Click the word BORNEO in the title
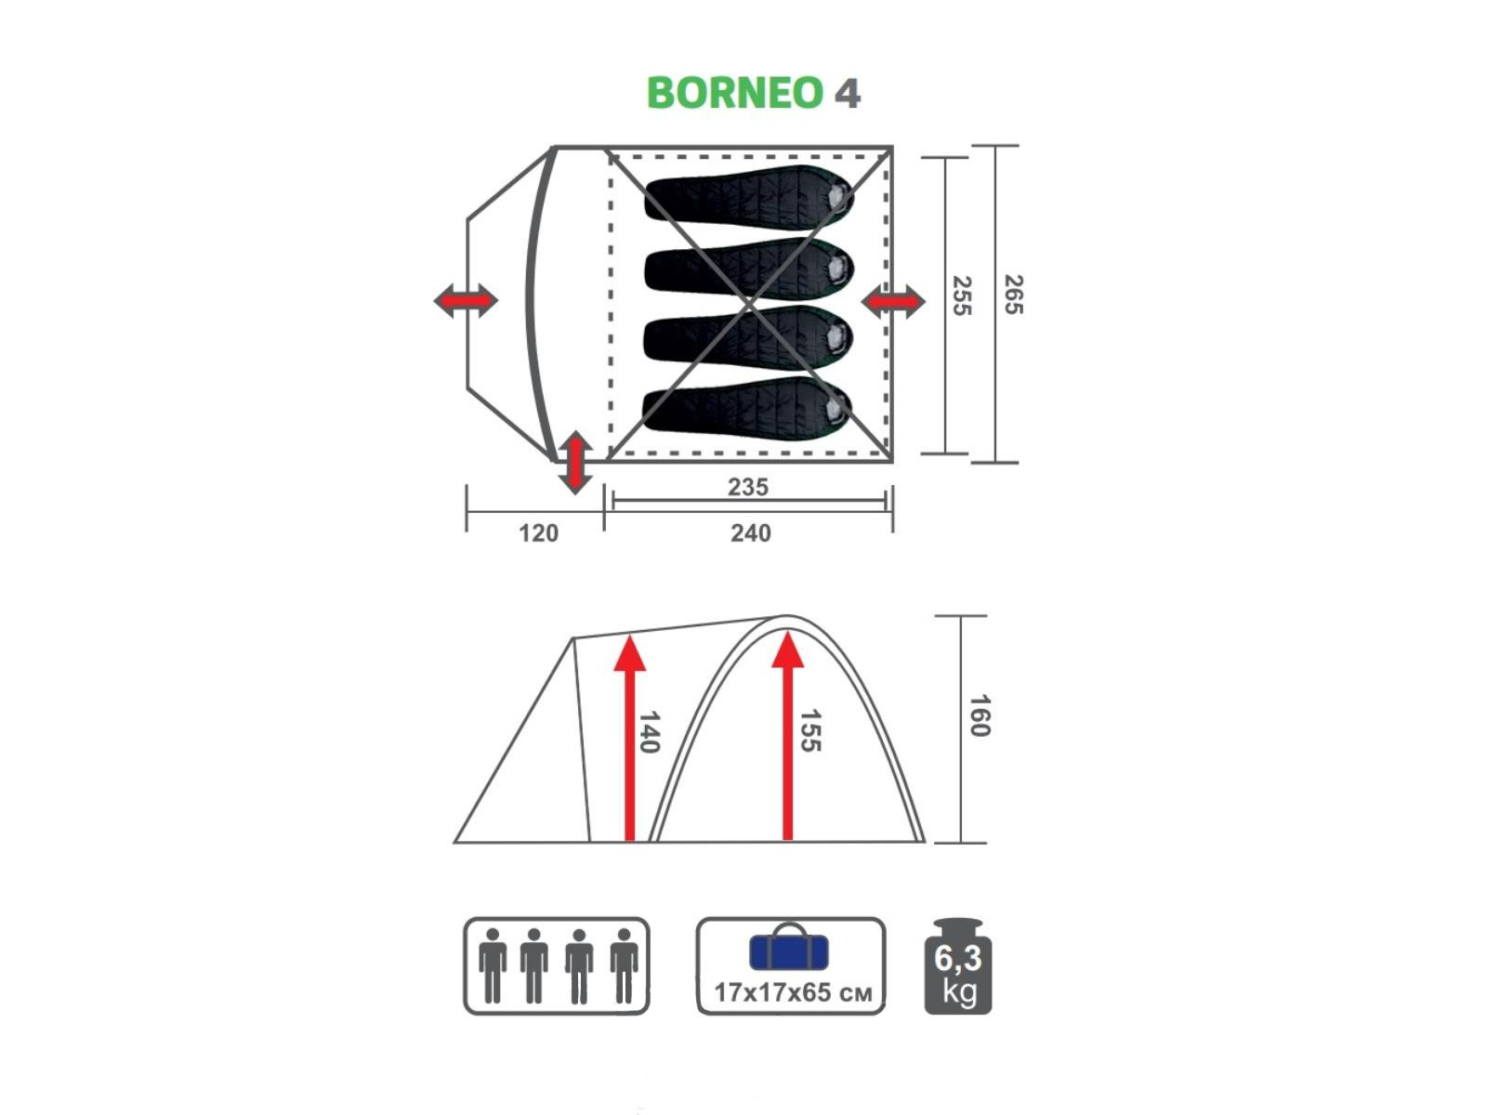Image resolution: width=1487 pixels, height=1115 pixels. [735, 93]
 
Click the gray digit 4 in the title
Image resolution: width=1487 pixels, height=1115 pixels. [848, 94]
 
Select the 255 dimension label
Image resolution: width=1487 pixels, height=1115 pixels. [961, 295]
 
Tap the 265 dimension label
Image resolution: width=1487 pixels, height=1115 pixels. [1013, 295]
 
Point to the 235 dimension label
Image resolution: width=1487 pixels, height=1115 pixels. [748, 487]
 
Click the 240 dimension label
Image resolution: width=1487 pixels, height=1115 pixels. [751, 533]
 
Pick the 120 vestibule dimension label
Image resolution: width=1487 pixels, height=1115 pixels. [538, 533]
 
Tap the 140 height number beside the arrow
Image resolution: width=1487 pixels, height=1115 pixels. [649, 732]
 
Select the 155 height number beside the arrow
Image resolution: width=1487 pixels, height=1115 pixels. [810, 730]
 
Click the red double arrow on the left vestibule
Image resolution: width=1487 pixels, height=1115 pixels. [466, 300]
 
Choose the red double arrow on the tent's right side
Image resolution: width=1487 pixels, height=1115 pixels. [893, 301]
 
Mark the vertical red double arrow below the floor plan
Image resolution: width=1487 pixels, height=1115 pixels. [575, 462]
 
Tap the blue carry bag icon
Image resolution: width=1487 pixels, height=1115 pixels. [788, 947]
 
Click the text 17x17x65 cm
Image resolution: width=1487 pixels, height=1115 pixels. [793, 993]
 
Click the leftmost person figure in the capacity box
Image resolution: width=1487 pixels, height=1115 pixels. [493, 965]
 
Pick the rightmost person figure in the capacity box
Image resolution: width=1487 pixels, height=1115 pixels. [624, 965]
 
